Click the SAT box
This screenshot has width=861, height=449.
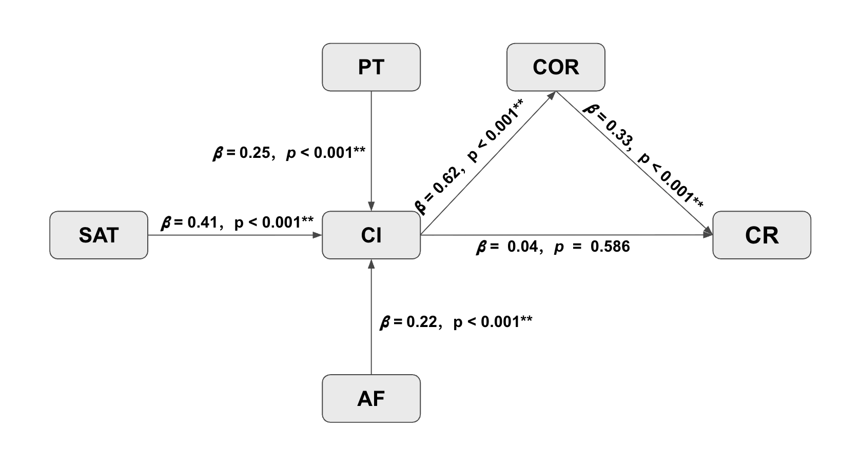click(99, 235)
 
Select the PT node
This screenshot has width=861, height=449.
click(371, 67)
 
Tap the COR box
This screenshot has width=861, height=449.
click(556, 67)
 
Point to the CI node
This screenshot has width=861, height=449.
click(371, 235)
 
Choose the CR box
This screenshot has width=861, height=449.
click(761, 235)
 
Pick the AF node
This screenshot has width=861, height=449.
click(371, 399)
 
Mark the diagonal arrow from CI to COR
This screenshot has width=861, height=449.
click(487, 164)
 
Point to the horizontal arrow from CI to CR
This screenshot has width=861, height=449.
click(564, 235)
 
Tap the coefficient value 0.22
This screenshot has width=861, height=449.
click(421, 322)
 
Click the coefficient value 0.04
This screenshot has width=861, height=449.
click(522, 247)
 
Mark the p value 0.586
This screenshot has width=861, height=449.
click(610, 247)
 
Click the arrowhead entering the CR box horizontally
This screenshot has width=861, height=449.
click(708, 235)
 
